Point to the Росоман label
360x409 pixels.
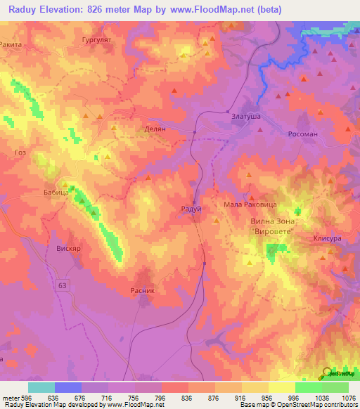click(x=304, y=134)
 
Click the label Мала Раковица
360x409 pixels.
click(x=250, y=204)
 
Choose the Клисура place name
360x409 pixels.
click(x=327, y=238)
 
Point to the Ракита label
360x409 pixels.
click(x=13, y=44)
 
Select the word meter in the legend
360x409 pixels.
click(x=9, y=397)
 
